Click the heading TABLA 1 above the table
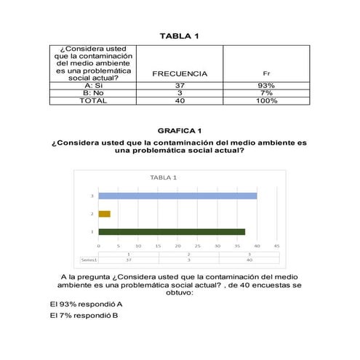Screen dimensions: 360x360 [x=179, y=36]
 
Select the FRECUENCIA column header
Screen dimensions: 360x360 [x=180, y=73]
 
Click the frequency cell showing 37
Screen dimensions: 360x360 [x=180, y=85]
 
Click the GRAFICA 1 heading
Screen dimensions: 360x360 [x=179, y=130]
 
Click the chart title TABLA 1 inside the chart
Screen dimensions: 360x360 [x=164, y=177]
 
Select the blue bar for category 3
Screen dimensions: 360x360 [x=177, y=196]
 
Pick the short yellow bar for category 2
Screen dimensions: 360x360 [x=104, y=214]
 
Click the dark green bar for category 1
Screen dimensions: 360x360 [x=172, y=232]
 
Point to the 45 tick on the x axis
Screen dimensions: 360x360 [x=276, y=246]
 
